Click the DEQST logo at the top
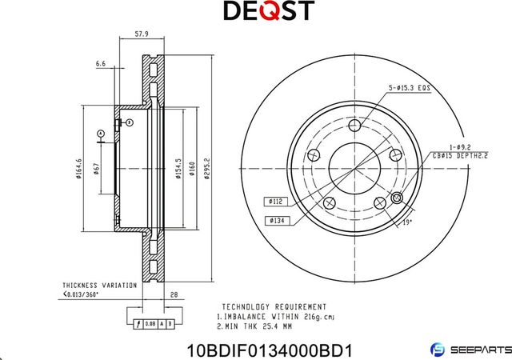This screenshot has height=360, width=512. tap(255, 10)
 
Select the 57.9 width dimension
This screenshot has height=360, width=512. tap(142, 34)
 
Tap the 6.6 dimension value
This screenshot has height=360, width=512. tap(100, 62)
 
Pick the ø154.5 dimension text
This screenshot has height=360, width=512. tap(178, 170)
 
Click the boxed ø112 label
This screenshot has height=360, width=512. tap(273, 202)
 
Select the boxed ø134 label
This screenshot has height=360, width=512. tap(273, 218)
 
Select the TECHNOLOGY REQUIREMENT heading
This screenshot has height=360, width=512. tap(274, 306)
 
